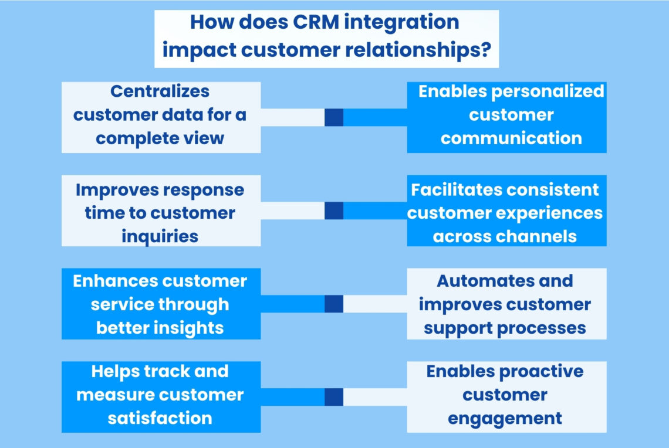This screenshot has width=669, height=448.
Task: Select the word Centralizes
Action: [160, 91]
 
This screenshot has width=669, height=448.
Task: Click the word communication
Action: [511, 138]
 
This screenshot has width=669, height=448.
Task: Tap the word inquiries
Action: [160, 236]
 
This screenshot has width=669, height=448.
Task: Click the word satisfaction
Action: [160, 418]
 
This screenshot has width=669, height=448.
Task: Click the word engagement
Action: [505, 418]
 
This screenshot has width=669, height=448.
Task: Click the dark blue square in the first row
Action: [333, 117]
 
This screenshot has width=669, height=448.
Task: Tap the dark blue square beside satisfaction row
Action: [333, 397]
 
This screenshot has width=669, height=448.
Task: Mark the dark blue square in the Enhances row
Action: [333, 304]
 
